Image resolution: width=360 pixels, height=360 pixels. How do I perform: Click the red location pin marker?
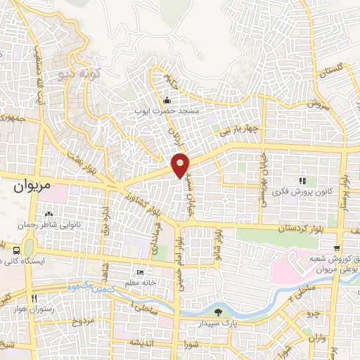181,165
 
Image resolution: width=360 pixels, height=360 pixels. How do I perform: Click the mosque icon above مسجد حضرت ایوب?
166,100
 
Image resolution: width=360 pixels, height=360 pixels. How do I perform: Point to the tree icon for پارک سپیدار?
218,312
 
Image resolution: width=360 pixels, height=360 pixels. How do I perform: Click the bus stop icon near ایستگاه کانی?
16,249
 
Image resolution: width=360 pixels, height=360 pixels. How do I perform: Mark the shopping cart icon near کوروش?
337,248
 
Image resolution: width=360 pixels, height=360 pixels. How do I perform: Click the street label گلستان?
333,70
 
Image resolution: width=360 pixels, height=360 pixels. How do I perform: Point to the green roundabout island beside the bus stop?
29,247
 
